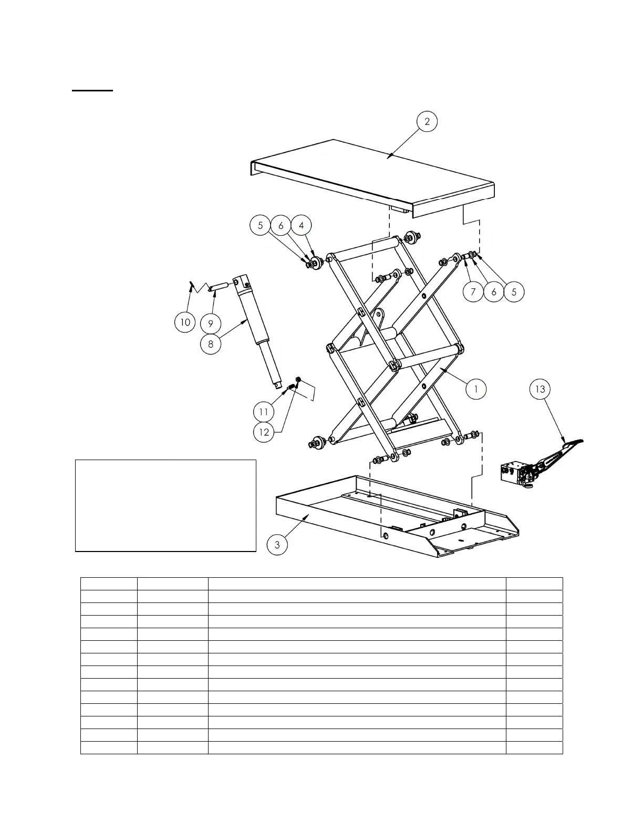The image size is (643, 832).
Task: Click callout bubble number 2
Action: click(427, 121)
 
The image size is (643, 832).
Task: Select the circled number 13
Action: click(540, 389)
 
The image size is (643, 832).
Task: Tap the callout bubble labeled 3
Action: click(277, 545)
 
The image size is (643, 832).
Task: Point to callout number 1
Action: click(476, 389)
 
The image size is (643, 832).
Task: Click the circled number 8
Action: click(211, 344)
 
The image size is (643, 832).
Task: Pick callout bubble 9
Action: click(211, 324)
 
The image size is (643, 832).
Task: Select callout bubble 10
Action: click(185, 321)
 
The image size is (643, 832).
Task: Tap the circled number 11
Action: click(264, 411)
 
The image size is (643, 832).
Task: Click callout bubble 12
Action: click(264, 432)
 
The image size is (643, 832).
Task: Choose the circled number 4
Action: click(301, 225)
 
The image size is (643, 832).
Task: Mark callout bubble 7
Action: click(473, 292)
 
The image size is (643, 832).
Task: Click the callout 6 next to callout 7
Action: click(494, 292)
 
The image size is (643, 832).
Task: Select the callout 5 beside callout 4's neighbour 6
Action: click(260, 225)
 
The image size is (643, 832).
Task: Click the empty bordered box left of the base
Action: click(165, 505)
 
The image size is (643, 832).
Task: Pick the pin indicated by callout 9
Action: click(220, 287)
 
